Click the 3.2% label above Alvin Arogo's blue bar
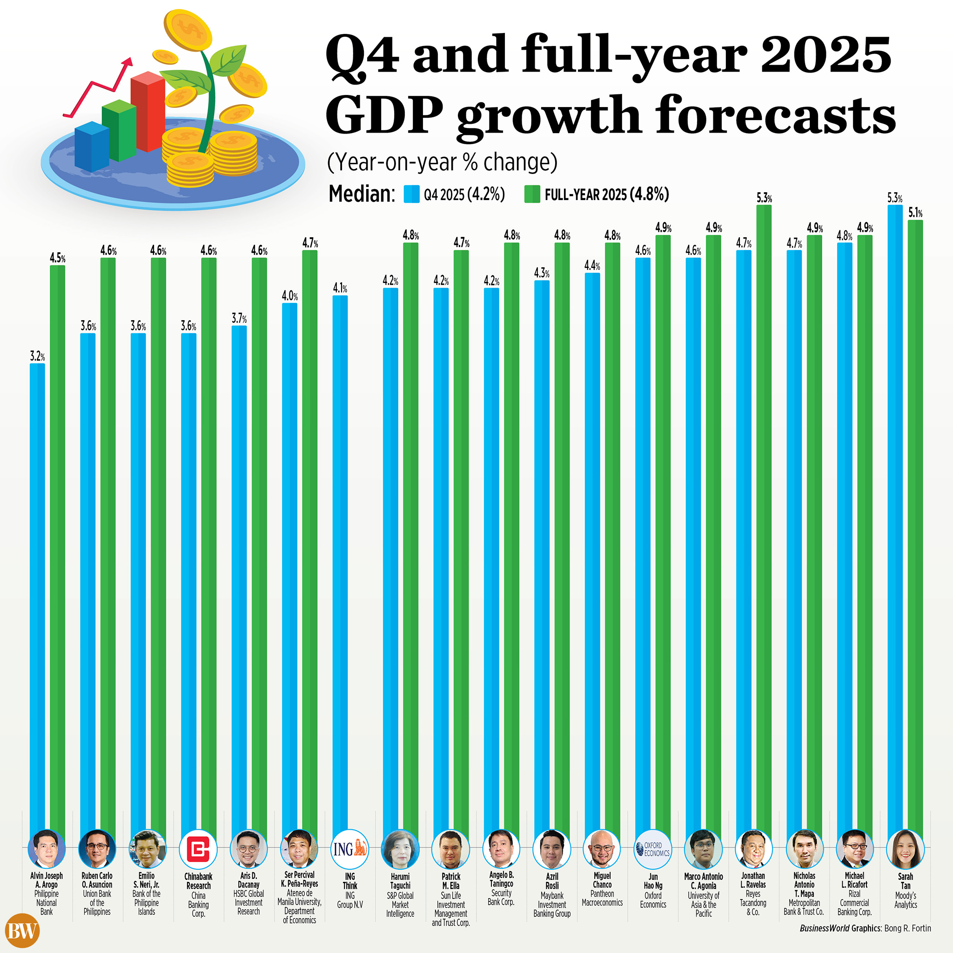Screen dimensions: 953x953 point(38,356)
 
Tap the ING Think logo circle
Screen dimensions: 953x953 point(349,849)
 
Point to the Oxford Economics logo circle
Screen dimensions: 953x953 point(652,849)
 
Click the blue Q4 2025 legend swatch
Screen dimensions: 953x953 point(411,194)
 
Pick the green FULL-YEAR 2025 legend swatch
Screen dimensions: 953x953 point(532,194)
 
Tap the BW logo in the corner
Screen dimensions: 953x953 point(22,931)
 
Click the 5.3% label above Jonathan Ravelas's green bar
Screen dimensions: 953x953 point(764,198)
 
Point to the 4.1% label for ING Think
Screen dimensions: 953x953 point(340,288)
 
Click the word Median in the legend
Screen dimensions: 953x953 point(362,194)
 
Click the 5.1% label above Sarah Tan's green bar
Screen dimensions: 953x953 point(915,213)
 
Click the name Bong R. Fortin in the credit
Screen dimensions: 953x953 point(907,928)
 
